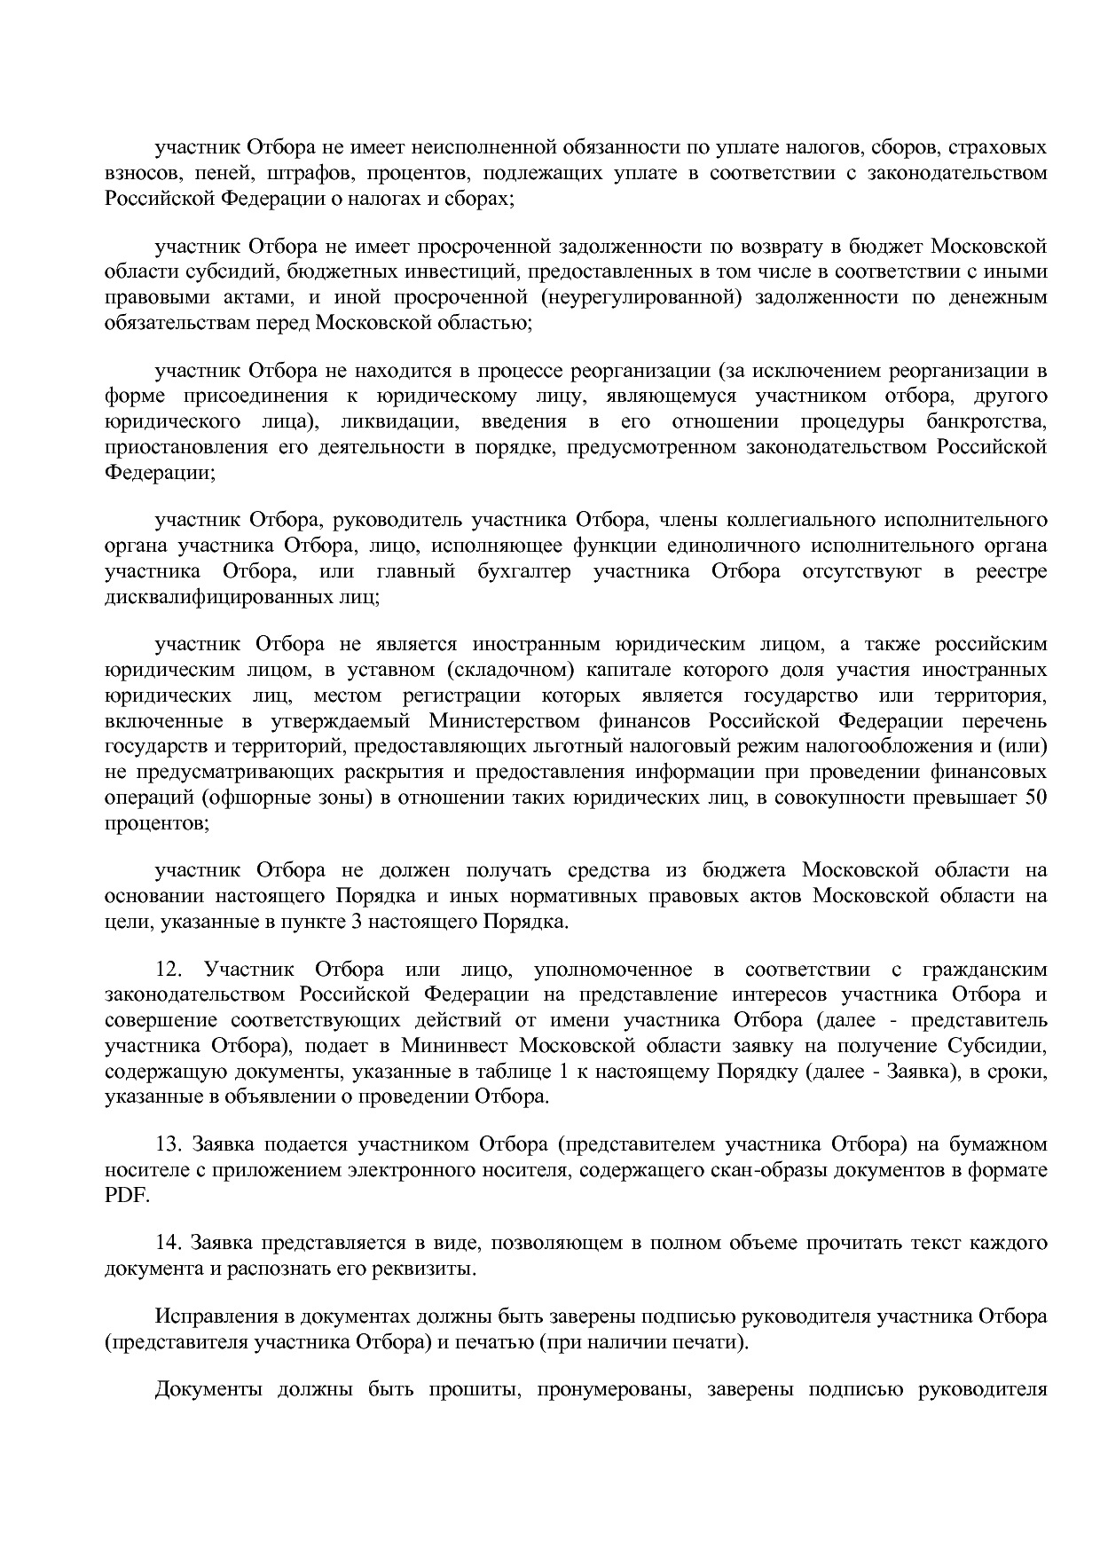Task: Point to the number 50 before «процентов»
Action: click(1035, 797)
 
